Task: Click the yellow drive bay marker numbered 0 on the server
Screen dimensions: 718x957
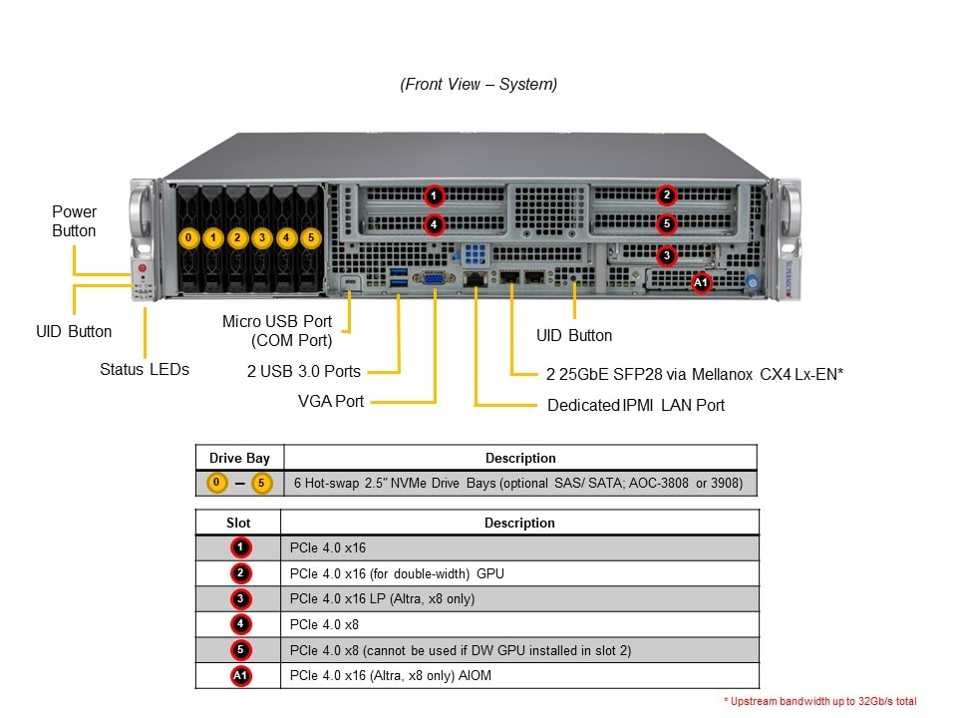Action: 188,238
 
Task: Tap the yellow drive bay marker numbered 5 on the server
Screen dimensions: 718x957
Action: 311,238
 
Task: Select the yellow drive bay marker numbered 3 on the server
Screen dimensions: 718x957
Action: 262,238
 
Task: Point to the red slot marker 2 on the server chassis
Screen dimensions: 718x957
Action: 667,195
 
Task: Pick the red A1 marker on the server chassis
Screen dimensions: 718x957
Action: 701,283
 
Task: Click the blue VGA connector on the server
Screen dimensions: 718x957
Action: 435,280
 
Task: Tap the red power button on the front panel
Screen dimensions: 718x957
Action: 143,268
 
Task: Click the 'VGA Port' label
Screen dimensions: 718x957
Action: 331,401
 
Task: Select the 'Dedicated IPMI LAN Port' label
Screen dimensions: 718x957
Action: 636,405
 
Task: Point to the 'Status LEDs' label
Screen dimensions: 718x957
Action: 145,369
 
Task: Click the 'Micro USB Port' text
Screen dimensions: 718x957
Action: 277,321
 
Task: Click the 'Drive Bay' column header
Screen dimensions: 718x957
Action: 239,458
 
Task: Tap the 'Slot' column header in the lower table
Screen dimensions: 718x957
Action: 239,523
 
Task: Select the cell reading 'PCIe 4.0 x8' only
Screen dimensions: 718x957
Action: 324,625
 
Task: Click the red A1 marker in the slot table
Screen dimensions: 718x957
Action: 240,676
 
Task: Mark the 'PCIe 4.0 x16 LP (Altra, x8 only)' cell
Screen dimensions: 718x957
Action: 382,599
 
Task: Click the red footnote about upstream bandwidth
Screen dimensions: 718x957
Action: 820,702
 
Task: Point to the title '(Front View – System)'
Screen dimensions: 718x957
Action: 478,85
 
